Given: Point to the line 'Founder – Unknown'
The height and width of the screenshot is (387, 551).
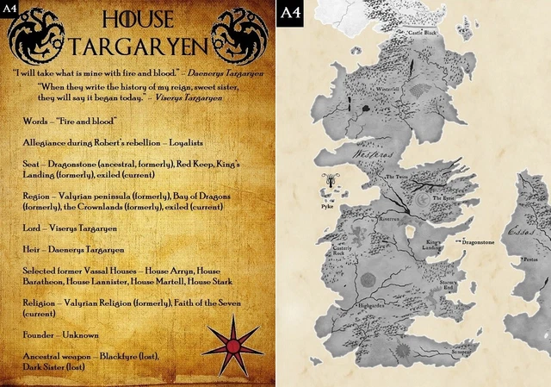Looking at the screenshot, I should click(62, 334).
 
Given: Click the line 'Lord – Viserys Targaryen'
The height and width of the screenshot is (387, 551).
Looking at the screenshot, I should click(75, 228).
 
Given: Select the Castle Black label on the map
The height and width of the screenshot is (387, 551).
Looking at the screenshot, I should click(424, 33).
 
